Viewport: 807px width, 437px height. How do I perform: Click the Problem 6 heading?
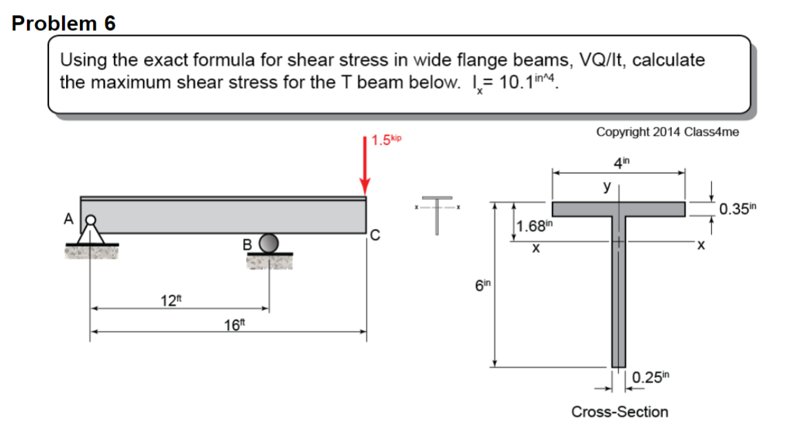pos(64,23)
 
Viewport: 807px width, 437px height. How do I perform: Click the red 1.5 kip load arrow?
pos(365,165)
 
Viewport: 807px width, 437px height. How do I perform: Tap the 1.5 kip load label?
pos(385,141)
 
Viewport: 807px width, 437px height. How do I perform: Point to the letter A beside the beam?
pos(68,218)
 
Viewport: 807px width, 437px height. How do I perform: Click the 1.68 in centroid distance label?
pos(534,225)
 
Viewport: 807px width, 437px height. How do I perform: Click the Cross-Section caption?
pos(619,411)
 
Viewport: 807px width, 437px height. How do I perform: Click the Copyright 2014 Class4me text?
pos(667,132)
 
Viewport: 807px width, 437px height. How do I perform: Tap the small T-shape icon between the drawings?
pos(437,212)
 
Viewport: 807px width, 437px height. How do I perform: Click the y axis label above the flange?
pos(607,186)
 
